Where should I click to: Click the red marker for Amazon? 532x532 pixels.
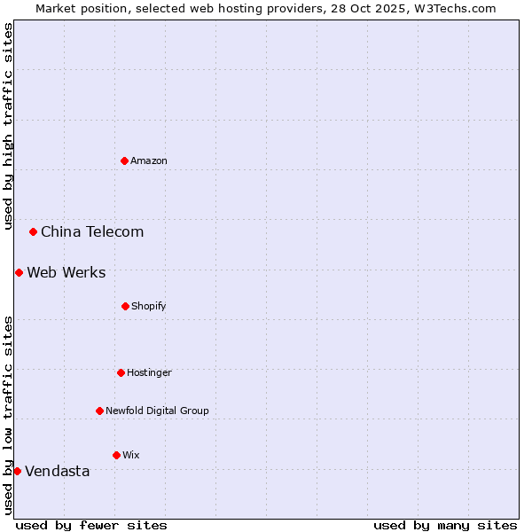point(125,160)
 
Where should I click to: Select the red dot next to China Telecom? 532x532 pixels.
point(34,231)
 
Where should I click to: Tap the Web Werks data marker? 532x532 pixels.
point(19,272)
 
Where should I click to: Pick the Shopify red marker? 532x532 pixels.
point(125,306)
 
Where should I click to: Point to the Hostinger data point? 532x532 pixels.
point(121,372)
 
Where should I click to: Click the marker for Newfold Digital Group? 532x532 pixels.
point(99,411)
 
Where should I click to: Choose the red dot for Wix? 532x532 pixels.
point(116,455)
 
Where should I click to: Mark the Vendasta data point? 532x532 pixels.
point(17,471)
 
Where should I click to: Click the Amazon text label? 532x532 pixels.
point(149,160)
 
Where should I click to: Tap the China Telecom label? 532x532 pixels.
point(92,231)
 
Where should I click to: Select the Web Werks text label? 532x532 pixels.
point(66,272)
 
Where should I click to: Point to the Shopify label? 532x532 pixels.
point(149,306)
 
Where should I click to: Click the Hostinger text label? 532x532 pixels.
point(149,372)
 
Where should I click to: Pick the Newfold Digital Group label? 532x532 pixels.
point(158,411)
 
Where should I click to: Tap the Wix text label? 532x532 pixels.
point(131,455)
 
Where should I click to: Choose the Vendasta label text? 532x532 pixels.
point(58,471)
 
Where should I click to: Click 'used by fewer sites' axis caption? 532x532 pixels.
point(91,525)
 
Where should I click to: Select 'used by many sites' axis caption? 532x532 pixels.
point(445,525)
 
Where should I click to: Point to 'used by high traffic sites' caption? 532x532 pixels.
point(8,126)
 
